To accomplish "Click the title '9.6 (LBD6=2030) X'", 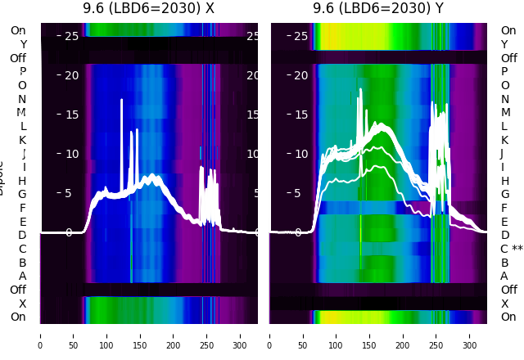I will (x=148, y=9).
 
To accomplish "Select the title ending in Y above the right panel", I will (x=379, y=9).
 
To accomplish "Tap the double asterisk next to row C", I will (x=517, y=249).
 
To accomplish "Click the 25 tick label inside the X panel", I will (x=71, y=36).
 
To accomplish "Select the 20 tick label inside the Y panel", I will (x=300, y=75).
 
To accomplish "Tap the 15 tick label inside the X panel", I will (x=71, y=115).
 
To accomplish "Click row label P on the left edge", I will (x=23, y=72).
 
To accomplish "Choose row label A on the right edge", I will (x=504, y=276).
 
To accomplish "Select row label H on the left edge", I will (x=23, y=181).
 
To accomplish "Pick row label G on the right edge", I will (x=504, y=194).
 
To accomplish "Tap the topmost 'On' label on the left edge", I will (x=18, y=30).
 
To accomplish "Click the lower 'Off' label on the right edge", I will (x=508, y=290).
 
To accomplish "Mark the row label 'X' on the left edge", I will (x=23, y=304).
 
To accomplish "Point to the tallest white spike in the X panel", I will (x=122, y=101).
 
